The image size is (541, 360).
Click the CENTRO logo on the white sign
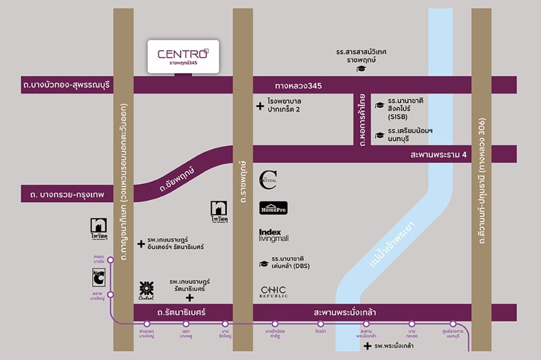point(183,54)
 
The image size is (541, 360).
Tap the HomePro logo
point(273,208)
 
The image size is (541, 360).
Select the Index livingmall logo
point(274,235)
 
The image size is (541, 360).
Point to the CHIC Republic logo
point(274,292)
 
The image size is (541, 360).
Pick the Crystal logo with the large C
point(268,180)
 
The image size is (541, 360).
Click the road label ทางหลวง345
point(298,85)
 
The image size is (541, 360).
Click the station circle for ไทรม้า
point(320,324)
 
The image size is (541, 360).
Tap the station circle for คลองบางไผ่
point(110,260)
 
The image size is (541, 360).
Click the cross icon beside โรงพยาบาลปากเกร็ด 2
point(260,106)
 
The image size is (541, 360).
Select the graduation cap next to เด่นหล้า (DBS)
point(264,264)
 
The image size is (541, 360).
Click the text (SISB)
point(399,117)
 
